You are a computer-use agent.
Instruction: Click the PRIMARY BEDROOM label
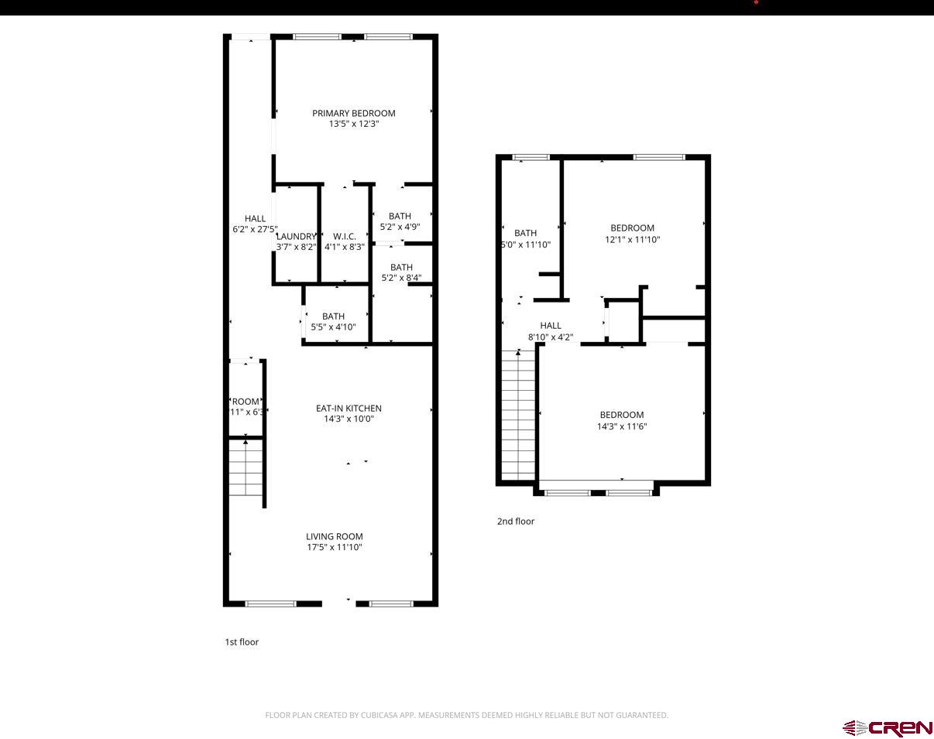(x=353, y=113)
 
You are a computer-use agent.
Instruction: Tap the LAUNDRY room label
(x=296, y=236)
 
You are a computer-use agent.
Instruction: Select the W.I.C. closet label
(x=345, y=236)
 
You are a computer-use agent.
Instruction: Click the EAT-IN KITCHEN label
(x=349, y=409)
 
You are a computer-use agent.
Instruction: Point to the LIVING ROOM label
(x=334, y=536)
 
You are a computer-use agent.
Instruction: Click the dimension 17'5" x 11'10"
(x=334, y=548)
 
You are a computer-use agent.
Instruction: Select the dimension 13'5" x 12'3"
(x=353, y=124)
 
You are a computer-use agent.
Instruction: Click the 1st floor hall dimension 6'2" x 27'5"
(x=255, y=230)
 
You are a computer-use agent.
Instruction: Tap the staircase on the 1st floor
(x=246, y=468)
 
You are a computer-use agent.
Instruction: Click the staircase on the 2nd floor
(x=519, y=414)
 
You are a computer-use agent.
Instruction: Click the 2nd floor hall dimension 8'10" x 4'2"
(x=551, y=337)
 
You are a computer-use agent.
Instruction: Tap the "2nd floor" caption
(x=516, y=522)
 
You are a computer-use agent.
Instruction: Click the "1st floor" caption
(x=242, y=642)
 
